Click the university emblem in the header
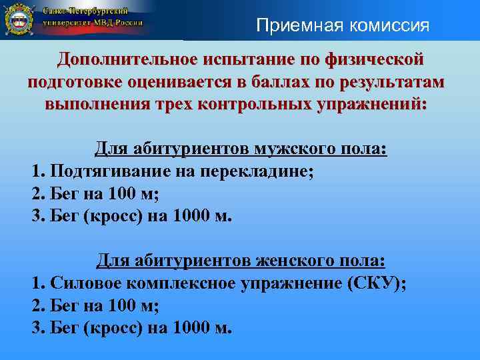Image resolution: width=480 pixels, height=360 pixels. point(19,20)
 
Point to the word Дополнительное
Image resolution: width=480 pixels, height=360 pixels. point(127,59)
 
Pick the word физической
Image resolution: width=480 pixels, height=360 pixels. point(374,59)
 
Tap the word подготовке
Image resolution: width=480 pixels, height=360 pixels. point(79,83)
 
